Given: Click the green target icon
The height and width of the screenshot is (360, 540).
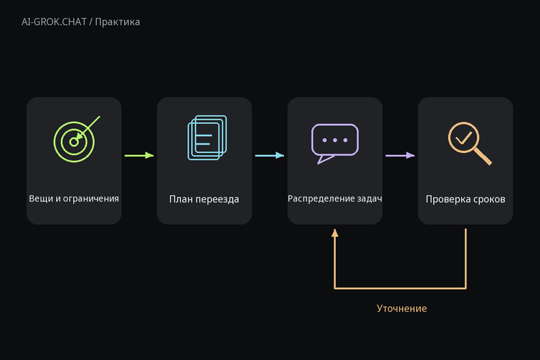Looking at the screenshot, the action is [74, 141].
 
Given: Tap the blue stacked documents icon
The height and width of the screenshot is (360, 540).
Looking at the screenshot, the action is [207, 138].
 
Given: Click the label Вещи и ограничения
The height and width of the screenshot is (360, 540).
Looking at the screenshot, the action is [73, 199].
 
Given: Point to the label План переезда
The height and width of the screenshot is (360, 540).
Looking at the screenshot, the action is [204, 199].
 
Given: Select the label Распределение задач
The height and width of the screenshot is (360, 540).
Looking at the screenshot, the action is [335, 199].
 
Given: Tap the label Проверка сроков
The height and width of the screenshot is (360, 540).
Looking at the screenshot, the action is [465, 199].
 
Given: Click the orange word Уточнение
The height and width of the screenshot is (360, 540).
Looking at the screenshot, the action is [402, 308].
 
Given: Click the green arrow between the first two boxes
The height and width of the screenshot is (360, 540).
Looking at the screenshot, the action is [139, 155].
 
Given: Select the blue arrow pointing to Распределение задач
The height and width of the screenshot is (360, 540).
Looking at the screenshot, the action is [270, 155].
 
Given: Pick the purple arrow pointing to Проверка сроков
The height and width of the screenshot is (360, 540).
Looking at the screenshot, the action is [400, 155].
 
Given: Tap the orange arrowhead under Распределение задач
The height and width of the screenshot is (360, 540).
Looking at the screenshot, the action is [335, 233].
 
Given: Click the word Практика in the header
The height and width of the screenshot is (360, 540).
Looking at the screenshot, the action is [118, 22].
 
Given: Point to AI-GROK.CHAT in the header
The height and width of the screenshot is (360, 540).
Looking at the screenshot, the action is [54, 22].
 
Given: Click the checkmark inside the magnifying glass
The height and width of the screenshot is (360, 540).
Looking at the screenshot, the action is [464, 138].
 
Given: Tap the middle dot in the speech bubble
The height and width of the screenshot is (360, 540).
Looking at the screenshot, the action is [335, 141].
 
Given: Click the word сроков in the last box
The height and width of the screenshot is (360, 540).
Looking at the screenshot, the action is [489, 199].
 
